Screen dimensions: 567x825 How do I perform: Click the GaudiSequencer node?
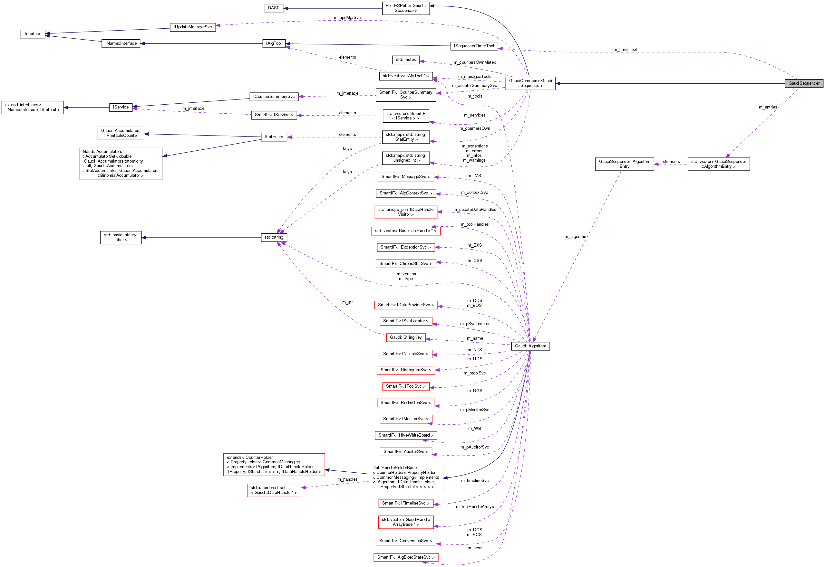tap(804, 83)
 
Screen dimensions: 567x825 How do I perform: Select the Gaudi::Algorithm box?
tap(530, 346)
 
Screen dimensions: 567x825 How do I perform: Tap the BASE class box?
tap(274, 8)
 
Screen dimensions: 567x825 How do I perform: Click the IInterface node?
tap(32, 34)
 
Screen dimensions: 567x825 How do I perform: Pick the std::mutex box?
tap(406, 60)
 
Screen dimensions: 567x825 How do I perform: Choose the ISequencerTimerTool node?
tap(474, 46)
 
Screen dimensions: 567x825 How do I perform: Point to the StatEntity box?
tap(274, 137)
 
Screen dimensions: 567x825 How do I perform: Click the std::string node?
tap(274, 237)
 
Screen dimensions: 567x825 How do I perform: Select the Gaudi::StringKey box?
tap(405, 337)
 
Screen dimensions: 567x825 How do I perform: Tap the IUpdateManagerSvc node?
tap(193, 27)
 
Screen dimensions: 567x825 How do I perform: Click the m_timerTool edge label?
tap(625, 49)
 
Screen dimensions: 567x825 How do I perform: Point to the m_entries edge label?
tap(768, 107)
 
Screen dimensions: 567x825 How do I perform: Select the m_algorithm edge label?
tap(576, 237)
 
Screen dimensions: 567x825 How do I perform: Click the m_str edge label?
tap(347, 302)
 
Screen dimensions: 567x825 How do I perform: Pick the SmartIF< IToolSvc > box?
tap(405, 386)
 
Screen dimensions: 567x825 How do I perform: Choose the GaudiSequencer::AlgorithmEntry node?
tap(625, 164)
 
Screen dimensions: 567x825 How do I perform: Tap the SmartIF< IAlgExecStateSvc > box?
tap(405, 557)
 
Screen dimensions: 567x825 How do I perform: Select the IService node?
tap(121, 107)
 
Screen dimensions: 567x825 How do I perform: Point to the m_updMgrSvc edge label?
tap(347, 18)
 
